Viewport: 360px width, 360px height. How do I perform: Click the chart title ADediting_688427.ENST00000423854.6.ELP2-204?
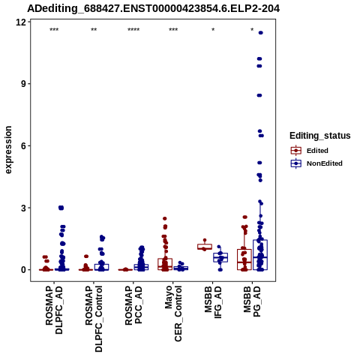pyautogui.click(x=153, y=8)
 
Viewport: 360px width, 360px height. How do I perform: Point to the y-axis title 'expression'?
pyautogui.click(x=8, y=150)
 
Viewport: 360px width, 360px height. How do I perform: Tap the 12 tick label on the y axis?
pyautogui.click(x=21, y=22)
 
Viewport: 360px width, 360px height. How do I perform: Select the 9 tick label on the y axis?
pyautogui.click(x=24, y=83)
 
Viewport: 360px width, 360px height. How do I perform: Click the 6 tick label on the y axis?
pyautogui.click(x=24, y=145)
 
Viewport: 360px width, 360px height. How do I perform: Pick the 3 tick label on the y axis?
pyautogui.click(x=24, y=208)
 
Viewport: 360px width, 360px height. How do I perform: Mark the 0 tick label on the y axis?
pyautogui.click(x=24, y=270)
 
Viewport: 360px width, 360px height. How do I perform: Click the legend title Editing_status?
pyautogui.click(x=320, y=136)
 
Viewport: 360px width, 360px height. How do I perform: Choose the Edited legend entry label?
pyautogui.click(x=317, y=151)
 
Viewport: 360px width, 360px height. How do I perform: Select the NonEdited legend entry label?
pyautogui.click(x=325, y=163)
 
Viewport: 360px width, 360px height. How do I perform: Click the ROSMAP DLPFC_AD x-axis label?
pyautogui.click(x=54, y=310)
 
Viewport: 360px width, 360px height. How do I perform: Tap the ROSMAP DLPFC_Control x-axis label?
pyautogui.click(x=94, y=319)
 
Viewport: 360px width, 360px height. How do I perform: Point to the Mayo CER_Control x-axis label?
pyautogui.click(x=173, y=314)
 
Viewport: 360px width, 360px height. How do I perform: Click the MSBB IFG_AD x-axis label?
pyautogui.click(x=213, y=302)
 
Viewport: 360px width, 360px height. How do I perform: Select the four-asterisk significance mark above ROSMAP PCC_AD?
pyautogui.click(x=133, y=30)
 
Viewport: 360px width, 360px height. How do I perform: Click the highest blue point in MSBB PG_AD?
pyautogui.click(x=261, y=33)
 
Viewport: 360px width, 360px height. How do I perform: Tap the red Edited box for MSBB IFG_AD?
pyautogui.click(x=205, y=247)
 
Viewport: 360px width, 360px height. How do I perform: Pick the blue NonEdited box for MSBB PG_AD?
pyautogui.click(x=260, y=255)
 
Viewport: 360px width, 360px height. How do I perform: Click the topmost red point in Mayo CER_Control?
pyautogui.click(x=165, y=218)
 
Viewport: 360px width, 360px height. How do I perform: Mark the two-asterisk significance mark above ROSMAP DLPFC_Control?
pyautogui.click(x=94, y=30)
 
